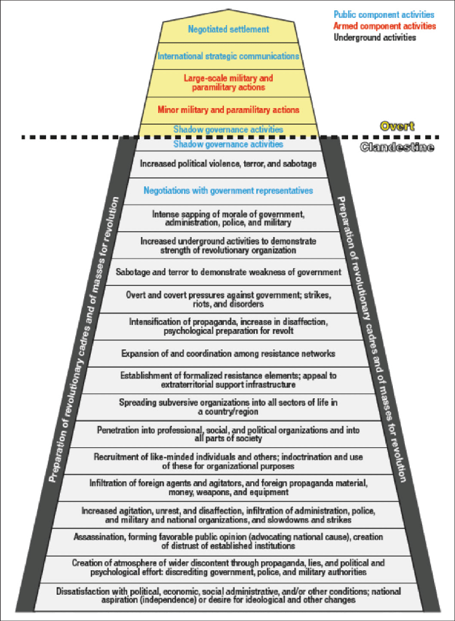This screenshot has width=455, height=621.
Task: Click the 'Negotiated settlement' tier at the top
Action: (x=228, y=29)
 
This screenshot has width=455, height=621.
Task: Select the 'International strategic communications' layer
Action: (x=228, y=56)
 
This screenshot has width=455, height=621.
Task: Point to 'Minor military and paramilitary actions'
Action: (x=228, y=110)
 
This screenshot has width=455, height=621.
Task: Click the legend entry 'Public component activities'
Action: (x=384, y=14)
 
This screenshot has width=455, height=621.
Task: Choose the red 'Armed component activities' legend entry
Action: (x=385, y=26)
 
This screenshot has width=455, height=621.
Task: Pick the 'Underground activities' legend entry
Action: (x=375, y=38)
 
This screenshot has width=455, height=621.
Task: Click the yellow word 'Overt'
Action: (x=396, y=127)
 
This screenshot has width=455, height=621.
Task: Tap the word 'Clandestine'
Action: (x=397, y=147)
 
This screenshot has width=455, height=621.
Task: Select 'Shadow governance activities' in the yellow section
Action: (x=228, y=129)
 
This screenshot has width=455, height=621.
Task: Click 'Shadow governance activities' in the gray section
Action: (x=228, y=145)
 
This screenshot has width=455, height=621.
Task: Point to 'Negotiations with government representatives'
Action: (x=228, y=191)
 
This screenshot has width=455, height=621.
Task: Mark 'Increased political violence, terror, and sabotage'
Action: (x=228, y=164)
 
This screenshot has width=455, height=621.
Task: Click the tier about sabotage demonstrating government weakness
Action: (x=228, y=272)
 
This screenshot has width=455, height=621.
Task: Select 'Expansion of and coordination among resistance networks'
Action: (x=228, y=353)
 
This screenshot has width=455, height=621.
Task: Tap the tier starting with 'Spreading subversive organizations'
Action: (x=228, y=407)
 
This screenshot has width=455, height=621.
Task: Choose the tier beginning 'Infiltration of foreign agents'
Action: (x=228, y=488)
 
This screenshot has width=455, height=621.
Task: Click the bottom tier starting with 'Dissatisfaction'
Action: (x=228, y=596)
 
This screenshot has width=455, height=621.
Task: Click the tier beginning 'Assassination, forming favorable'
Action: (x=228, y=542)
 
